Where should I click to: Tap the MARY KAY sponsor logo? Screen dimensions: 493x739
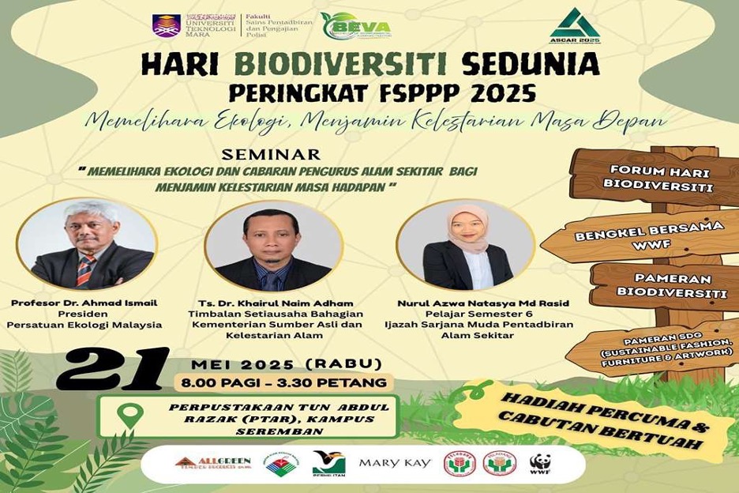point(395,463)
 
